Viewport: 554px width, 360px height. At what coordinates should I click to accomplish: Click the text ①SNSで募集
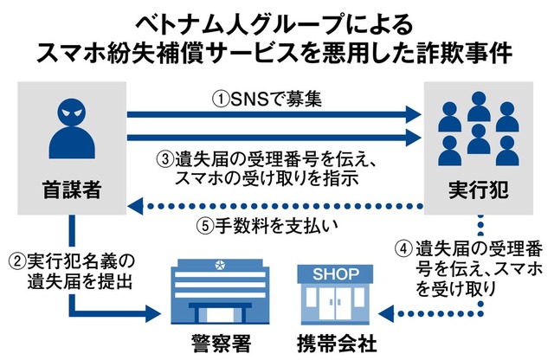click(x=268, y=100)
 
